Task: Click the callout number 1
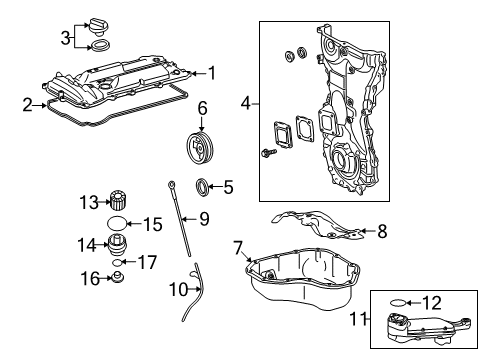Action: coord(212,73)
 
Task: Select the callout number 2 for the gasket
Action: coord(28,105)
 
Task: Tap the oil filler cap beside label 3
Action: coord(99,27)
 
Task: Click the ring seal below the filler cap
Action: coord(100,46)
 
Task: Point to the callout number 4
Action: coord(245,103)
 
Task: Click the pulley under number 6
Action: coord(200,148)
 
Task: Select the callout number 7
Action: coord(238,248)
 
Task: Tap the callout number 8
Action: coord(382,231)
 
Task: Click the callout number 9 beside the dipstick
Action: coord(204,219)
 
